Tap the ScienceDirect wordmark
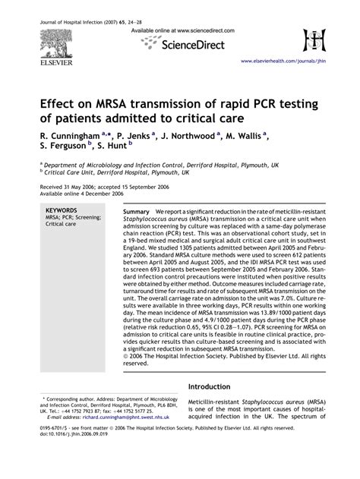pyautogui.click(x=191, y=46)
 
